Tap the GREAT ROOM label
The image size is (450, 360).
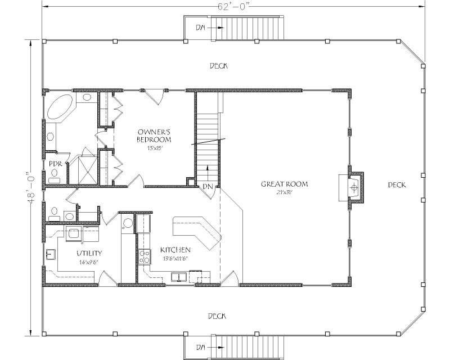click(x=284, y=184)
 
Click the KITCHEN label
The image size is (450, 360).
click(x=175, y=250)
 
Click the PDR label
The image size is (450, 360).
click(x=55, y=164)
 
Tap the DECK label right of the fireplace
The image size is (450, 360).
click(x=397, y=184)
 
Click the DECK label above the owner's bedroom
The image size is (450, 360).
click(x=218, y=66)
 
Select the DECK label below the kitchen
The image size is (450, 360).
click(x=217, y=316)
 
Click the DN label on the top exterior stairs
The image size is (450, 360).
click(x=201, y=27)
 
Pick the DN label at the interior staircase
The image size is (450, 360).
click(x=208, y=186)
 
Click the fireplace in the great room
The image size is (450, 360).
click(x=353, y=187)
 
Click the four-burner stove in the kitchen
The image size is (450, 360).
click(x=143, y=256)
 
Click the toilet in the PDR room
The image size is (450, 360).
click(x=54, y=179)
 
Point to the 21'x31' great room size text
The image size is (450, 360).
click(x=285, y=192)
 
